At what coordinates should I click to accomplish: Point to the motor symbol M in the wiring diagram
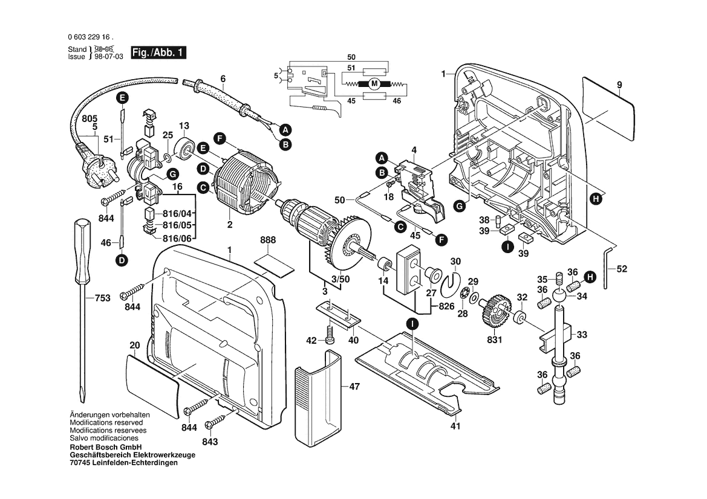coord(374,83)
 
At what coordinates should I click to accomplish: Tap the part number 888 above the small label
coord(268,240)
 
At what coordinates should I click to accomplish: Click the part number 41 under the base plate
coord(455,427)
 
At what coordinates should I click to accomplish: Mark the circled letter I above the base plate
coord(412,324)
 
